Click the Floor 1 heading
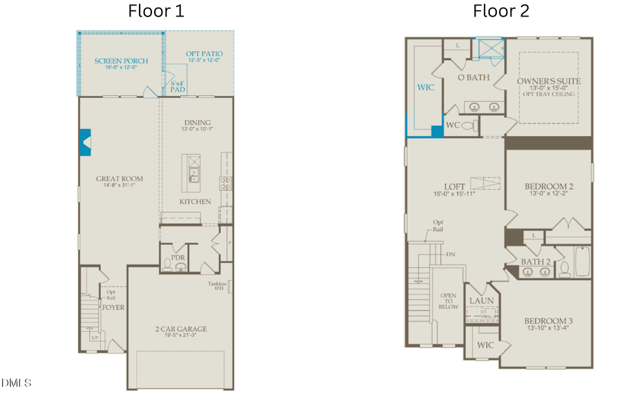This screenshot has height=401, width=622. click(156, 12)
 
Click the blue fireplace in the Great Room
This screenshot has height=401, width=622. click(86, 141)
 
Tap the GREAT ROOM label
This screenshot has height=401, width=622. click(120, 179)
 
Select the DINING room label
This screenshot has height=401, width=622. click(196, 124)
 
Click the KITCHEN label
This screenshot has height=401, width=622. click(195, 202)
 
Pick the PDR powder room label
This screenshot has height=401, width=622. click(178, 257)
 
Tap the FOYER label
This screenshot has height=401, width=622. click(113, 307)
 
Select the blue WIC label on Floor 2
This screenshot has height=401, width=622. click(424, 88)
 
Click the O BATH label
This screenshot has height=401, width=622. click(474, 77)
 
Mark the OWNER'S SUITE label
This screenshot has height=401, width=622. click(549, 81)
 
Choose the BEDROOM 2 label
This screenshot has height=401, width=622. click(549, 186)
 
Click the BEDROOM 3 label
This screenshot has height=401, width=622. click(548, 322)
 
